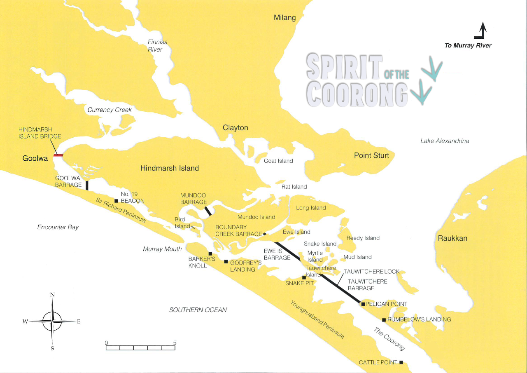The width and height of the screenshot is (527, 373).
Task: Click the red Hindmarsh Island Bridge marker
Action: [58, 155]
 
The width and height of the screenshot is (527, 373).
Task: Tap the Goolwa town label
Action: [35, 158]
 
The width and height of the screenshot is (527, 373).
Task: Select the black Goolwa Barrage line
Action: [87, 185]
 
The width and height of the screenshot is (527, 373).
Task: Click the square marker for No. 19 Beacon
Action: [117, 201]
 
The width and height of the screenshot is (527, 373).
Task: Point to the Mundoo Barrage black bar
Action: [208, 211]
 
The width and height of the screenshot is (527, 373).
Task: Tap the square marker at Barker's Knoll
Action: [210, 254]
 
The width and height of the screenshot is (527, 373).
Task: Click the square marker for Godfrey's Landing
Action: [226, 262]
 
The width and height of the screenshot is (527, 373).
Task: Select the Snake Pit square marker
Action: [304, 277]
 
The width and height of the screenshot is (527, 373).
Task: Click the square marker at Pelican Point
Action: [363, 304]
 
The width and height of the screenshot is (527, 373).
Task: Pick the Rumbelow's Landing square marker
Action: [384, 320]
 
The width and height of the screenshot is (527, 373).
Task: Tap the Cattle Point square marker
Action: [401, 363]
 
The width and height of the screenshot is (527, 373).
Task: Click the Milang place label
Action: [285, 18]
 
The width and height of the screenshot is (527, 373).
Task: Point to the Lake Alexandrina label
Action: [445, 141]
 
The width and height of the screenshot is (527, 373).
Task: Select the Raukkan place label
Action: [452, 238]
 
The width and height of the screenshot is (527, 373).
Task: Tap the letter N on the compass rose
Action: [52, 295]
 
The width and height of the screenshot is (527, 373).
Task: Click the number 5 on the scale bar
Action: [175, 343]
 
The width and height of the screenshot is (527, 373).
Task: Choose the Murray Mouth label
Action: [162, 249]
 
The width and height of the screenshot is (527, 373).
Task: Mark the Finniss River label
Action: [157, 46]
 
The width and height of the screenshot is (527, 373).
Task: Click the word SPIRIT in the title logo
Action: [344, 67]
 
